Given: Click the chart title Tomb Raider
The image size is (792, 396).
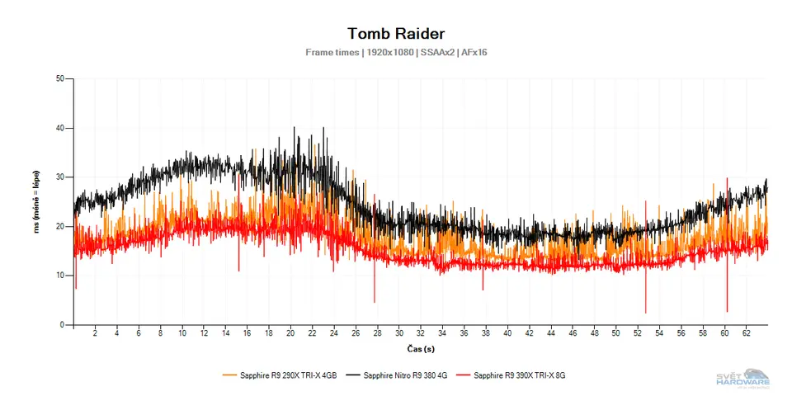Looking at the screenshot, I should click(x=396, y=34).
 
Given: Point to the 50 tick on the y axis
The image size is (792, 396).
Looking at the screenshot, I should click(x=60, y=79).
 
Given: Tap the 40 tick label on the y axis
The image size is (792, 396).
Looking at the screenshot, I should click(x=60, y=128).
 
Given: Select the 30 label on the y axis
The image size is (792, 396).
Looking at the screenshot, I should click(x=60, y=177).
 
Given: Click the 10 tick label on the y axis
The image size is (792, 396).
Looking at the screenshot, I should click(x=60, y=276).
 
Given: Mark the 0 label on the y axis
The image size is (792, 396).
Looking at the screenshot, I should click(x=63, y=325).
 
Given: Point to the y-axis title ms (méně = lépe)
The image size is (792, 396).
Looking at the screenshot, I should click(x=37, y=202).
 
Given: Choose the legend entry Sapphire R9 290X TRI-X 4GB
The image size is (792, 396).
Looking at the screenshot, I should click(x=280, y=375).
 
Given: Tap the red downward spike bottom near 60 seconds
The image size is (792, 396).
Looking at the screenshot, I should click(x=727, y=311).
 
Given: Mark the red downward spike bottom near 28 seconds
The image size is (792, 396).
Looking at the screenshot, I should click(x=375, y=302).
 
